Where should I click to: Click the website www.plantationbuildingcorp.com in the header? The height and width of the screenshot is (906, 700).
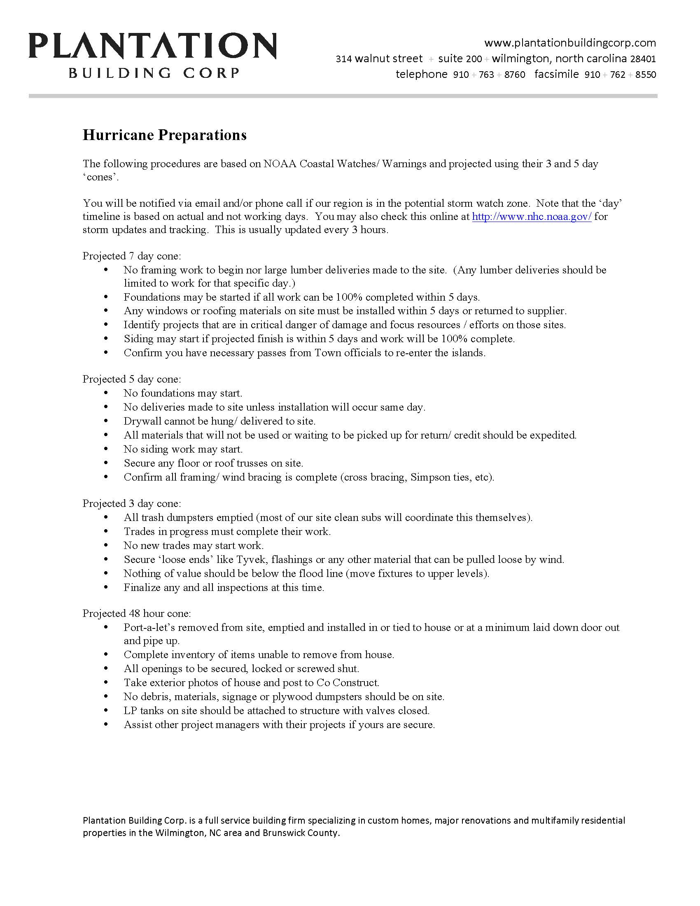[570, 43]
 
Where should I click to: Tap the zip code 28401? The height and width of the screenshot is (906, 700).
[643, 58]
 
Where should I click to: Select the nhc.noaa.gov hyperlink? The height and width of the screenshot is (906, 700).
[532, 216]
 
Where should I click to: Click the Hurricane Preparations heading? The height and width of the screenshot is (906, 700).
[165, 135]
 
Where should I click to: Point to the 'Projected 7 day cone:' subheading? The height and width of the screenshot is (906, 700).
[132, 256]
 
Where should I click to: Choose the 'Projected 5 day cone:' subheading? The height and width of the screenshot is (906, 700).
[132, 379]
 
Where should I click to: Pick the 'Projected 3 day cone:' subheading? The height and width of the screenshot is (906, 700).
[132, 503]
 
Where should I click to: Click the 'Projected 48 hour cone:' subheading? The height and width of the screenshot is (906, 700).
[137, 613]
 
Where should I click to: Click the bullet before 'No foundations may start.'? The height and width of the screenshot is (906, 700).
[106, 393]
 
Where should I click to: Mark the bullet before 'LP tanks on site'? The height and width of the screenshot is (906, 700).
[106, 711]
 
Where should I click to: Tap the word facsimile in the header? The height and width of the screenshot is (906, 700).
[557, 74]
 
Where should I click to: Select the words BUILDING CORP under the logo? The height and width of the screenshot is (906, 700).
[154, 73]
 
